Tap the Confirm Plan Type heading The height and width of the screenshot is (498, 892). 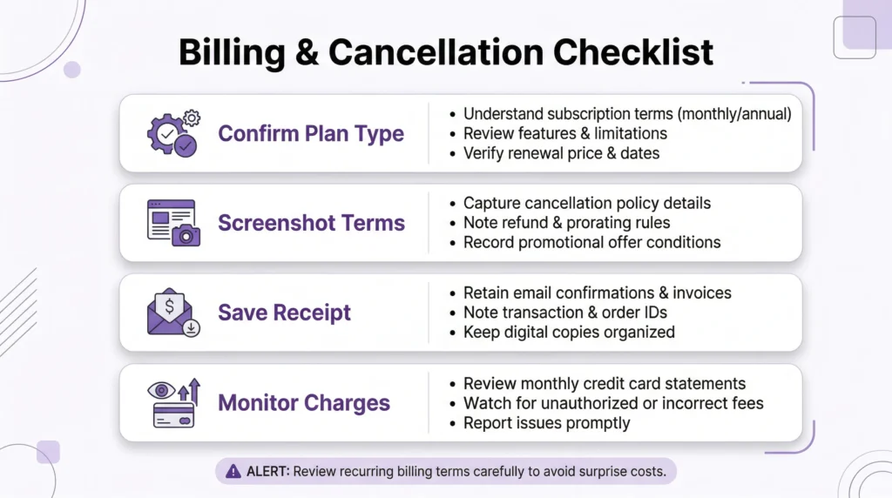coord(311,133)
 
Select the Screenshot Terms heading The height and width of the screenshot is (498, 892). coord(311,223)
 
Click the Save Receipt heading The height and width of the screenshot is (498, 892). coord(284,313)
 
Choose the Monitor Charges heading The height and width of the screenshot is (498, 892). coord(304,403)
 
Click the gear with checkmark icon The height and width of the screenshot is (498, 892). coord(172,133)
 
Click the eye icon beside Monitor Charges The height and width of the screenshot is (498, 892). coord(161,390)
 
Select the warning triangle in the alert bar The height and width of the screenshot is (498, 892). coord(233,471)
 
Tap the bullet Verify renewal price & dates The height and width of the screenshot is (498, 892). coord(561,153)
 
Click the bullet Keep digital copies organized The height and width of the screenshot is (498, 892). coord(569,332)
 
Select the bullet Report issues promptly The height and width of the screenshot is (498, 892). coord(546,423)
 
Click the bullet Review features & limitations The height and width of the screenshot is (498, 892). coord(564,133)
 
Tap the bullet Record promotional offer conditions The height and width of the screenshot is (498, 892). coord(591,242)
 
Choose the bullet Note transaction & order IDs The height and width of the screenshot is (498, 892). coord(565,313)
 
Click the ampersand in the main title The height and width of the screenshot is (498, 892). coord(307,52)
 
